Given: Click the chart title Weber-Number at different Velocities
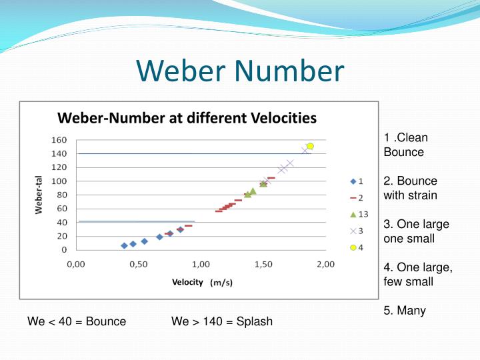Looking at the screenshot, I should point(187,119).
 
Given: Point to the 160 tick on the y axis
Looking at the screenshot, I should point(59,140).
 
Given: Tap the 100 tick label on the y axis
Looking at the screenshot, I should point(59,181).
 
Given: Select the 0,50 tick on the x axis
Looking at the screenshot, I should point(138,264).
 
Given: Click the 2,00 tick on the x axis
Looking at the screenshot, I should point(325,264).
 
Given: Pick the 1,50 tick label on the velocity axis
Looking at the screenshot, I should point(263,264).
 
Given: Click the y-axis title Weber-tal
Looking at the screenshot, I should point(39,195).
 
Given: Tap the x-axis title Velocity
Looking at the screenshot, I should point(187,282).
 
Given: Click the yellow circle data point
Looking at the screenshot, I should point(310,146).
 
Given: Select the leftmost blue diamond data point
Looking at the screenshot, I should point(124,245).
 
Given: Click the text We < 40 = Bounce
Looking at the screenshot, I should point(77,321).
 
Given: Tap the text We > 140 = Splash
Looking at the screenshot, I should point(222,321).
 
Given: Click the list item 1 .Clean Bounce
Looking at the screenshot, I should point(406,145).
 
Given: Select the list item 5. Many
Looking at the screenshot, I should point(405,311).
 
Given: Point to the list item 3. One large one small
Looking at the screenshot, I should point(417,231).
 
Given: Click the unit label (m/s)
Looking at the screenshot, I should point(222,283).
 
